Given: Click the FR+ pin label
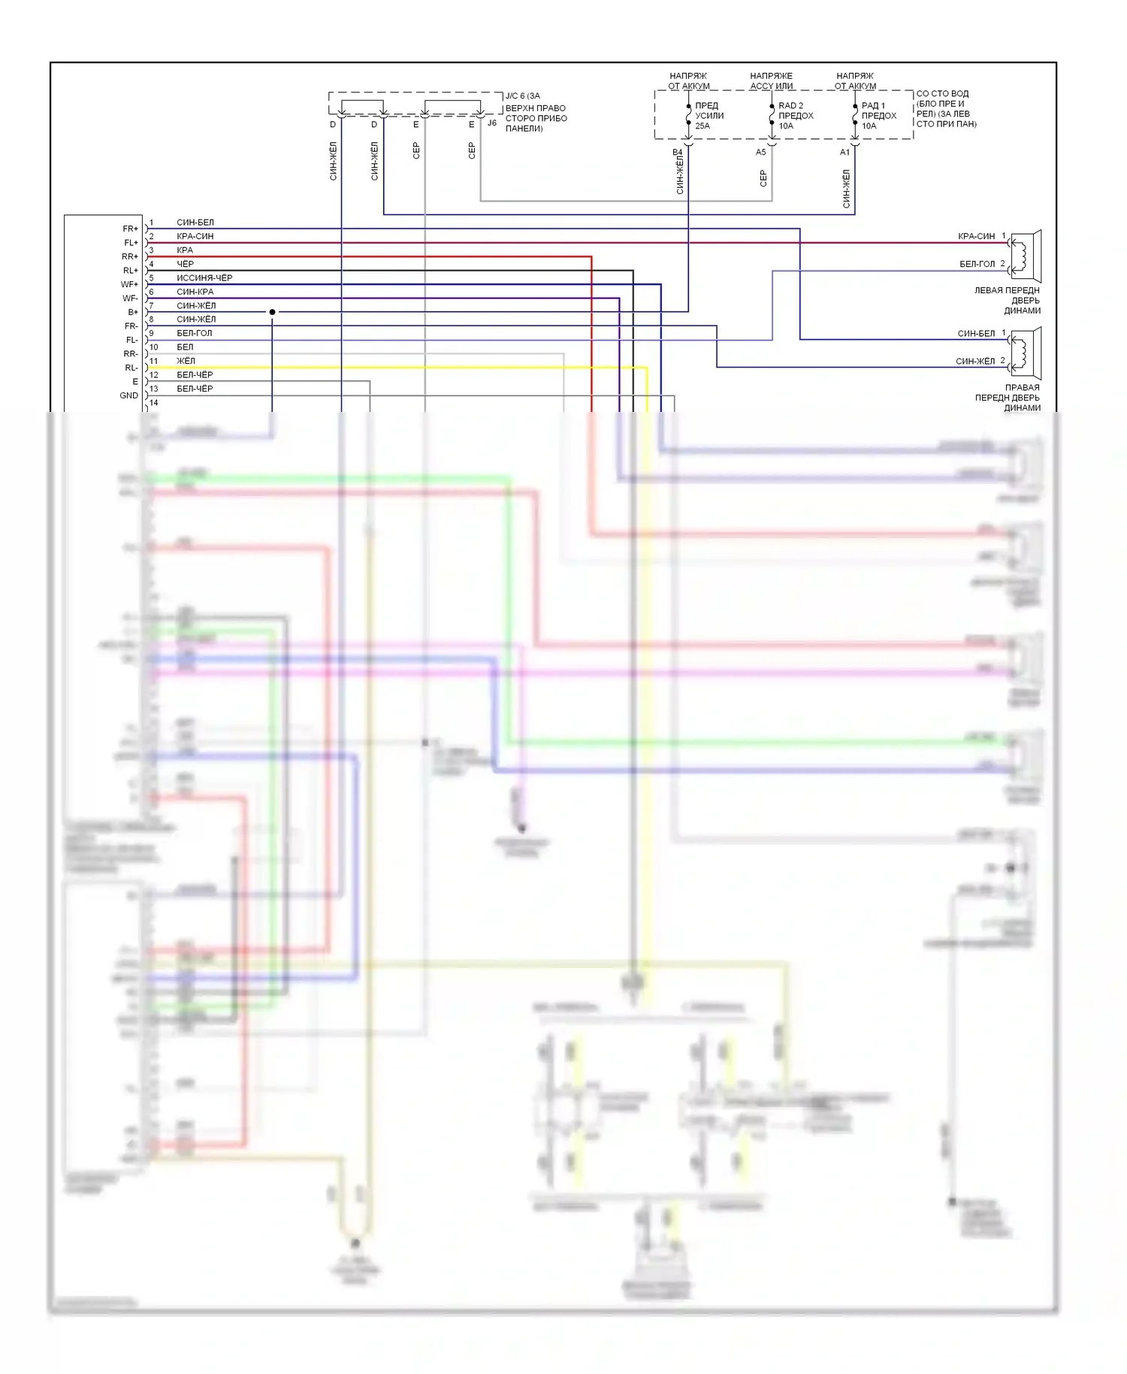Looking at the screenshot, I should pyautogui.click(x=130, y=228).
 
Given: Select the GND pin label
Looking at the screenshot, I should pyautogui.click(x=128, y=395).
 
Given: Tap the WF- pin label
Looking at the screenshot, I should pyautogui.click(x=130, y=298).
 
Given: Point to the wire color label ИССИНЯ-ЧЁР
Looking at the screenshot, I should pyautogui.click(x=204, y=278).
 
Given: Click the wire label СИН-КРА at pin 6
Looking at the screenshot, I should pyautogui.click(x=195, y=292).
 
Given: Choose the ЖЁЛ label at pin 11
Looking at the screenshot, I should pyautogui.click(x=186, y=361).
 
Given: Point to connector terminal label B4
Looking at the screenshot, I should pyautogui.click(x=677, y=153).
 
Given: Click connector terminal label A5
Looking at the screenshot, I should pyautogui.click(x=760, y=153).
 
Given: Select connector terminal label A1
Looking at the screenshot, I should pyautogui.click(x=844, y=153).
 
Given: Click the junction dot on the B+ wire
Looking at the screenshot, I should pyautogui.click(x=272, y=312).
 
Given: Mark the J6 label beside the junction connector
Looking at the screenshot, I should pyautogui.click(x=491, y=123).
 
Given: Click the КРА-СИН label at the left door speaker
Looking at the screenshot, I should pyautogui.click(x=976, y=236).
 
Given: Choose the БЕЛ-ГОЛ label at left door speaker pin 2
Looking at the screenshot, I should pyautogui.click(x=977, y=264).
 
